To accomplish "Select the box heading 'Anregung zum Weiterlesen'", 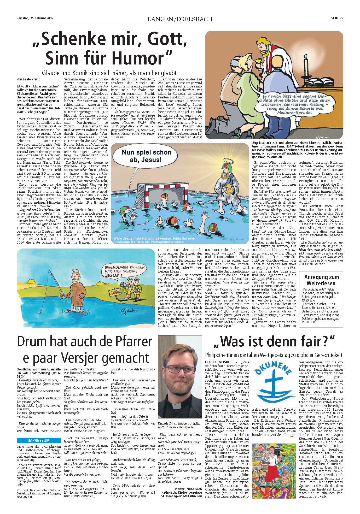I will click(x=321, y=280).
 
